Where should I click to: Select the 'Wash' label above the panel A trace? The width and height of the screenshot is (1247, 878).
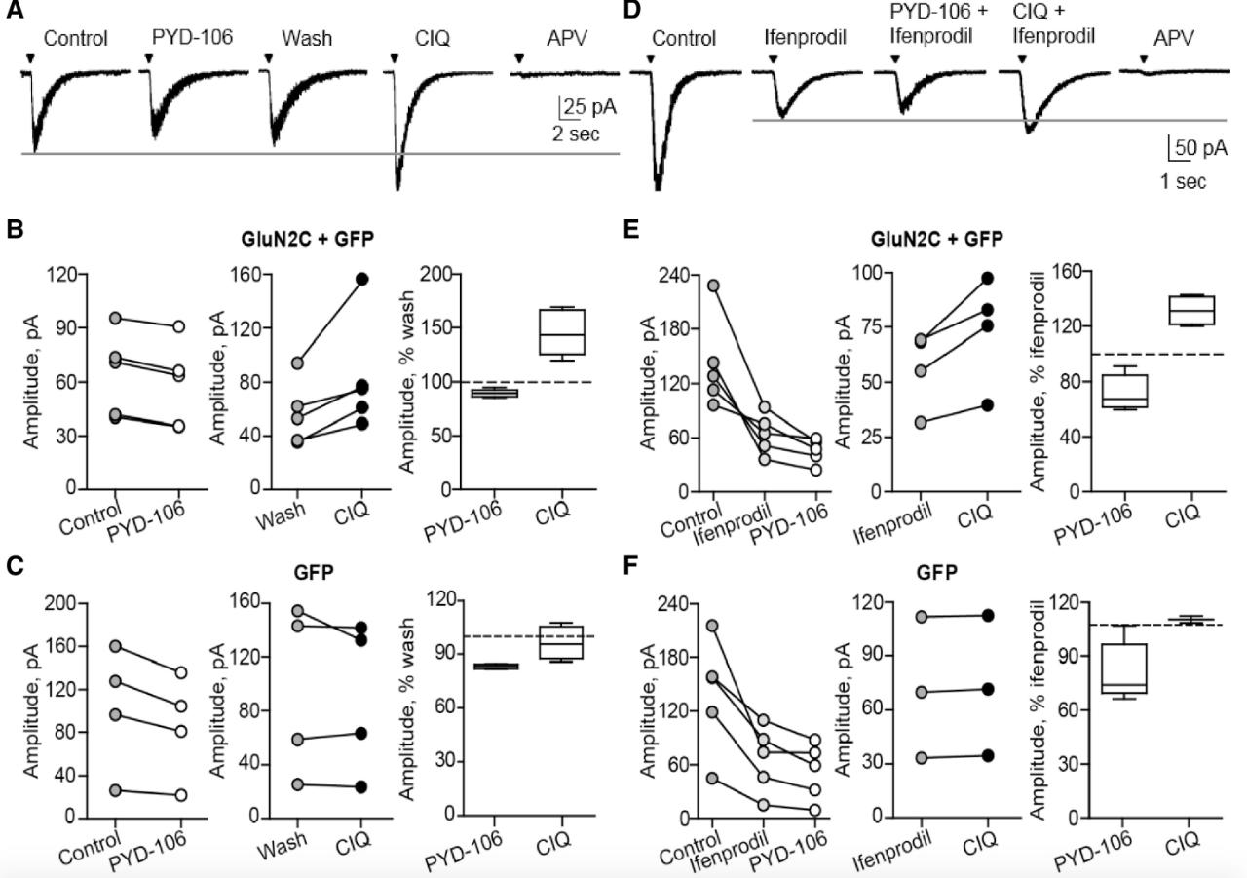(x=306, y=40)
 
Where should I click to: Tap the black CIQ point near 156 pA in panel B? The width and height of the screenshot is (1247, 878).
(x=362, y=279)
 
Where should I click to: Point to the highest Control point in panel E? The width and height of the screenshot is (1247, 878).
(x=714, y=286)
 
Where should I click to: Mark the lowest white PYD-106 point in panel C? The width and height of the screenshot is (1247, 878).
(x=180, y=795)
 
